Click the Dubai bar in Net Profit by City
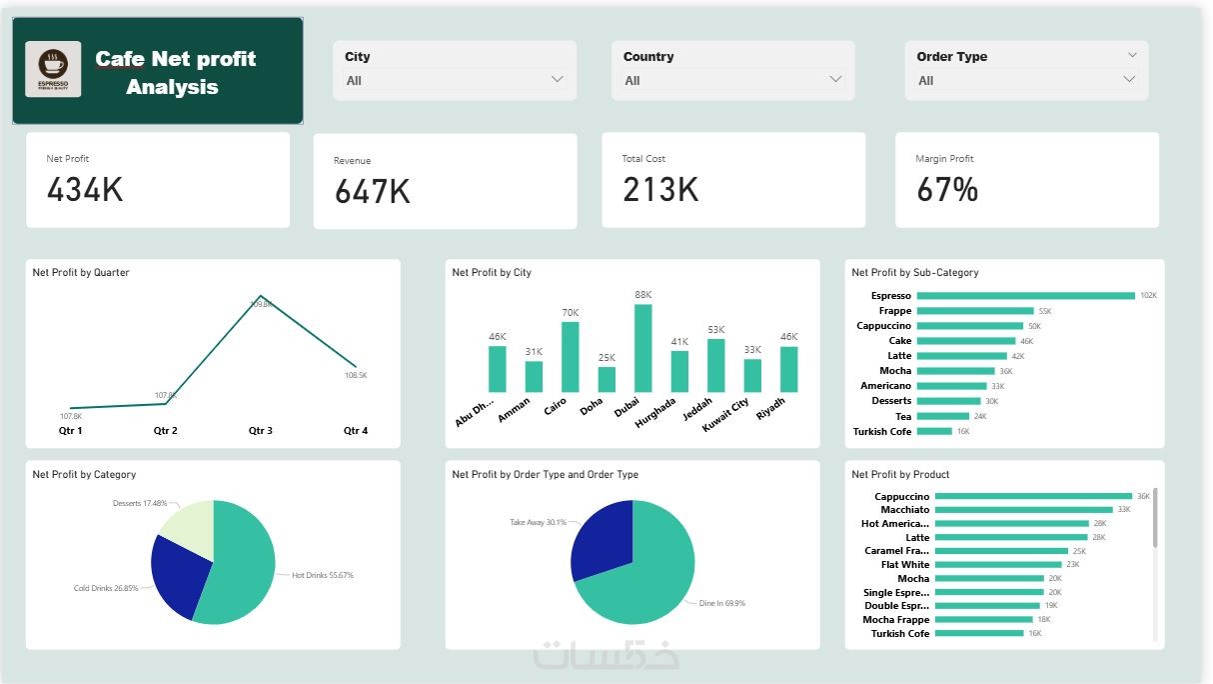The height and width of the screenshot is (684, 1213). pyautogui.click(x=643, y=348)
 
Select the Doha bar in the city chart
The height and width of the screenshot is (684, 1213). pyautogui.click(x=606, y=379)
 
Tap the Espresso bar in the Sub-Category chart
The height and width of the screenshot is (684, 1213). pyautogui.click(x=1025, y=296)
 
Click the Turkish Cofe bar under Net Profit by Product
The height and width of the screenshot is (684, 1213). pyautogui.click(x=979, y=633)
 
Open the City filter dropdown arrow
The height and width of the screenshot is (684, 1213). pyautogui.click(x=557, y=80)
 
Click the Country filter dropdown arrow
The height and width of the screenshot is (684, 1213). pyautogui.click(x=835, y=80)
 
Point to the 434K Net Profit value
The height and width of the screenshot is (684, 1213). pyautogui.click(x=85, y=189)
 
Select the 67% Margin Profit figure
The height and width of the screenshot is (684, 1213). pyautogui.click(x=946, y=189)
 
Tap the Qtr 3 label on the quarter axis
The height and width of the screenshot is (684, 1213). pyautogui.click(x=260, y=431)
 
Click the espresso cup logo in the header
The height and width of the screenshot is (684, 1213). pyautogui.click(x=53, y=69)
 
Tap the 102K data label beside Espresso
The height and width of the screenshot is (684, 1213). pyautogui.click(x=1148, y=296)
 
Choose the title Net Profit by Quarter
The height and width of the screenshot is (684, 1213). pyautogui.click(x=81, y=272)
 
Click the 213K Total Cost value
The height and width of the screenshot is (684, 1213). pyautogui.click(x=659, y=189)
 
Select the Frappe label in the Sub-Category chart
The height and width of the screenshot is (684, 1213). pyautogui.click(x=894, y=311)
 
